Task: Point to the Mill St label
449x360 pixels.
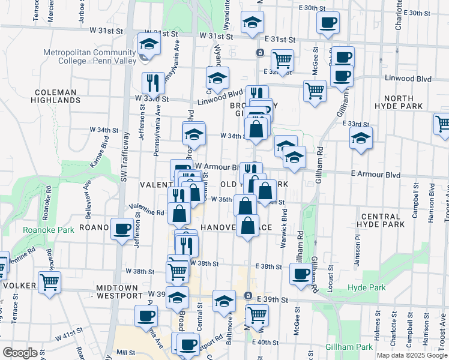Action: pyautogui.click(x=126, y=352)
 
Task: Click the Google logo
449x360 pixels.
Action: pyautogui.click(x=20, y=352)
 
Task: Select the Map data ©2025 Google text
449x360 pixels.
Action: pyautogui.click(x=411, y=355)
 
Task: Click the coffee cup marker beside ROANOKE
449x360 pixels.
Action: pyautogui.click(x=122, y=229)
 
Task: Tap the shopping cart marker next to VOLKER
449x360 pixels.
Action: pyautogui.click(x=49, y=281)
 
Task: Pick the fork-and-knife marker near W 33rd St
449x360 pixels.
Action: pyautogui.click(x=153, y=82)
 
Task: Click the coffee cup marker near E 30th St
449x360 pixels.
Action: pyautogui.click(x=328, y=23)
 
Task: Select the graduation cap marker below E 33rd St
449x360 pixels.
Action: pyautogui.click(x=361, y=137)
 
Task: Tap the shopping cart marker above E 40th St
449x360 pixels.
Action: pyautogui.click(x=258, y=314)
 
